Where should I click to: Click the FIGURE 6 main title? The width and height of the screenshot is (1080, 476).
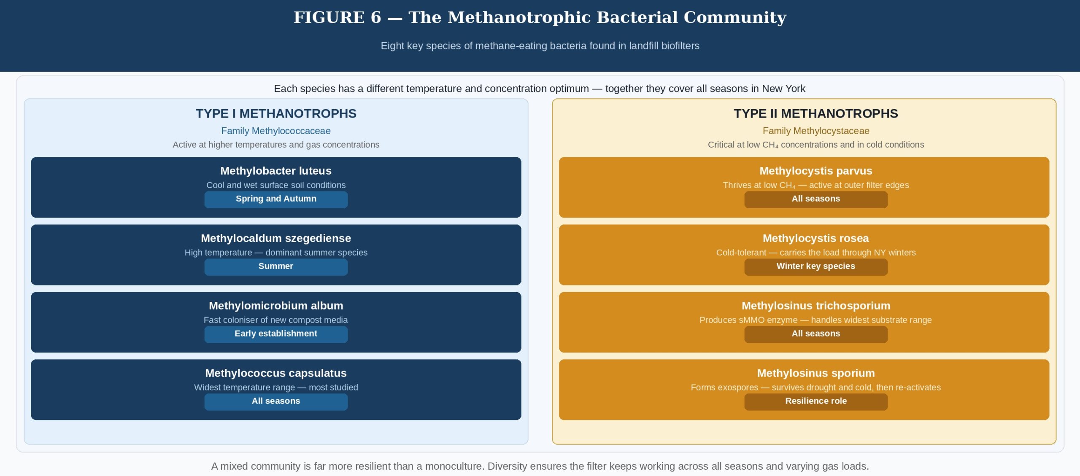[540, 17]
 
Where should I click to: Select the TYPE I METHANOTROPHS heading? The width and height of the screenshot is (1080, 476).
[276, 113]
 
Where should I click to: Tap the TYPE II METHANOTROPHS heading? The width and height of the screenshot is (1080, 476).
[815, 113]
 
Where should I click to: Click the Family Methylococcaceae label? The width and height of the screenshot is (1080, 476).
[276, 131]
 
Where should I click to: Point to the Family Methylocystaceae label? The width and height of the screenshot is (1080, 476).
[815, 131]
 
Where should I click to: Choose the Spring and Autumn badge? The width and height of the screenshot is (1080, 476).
[276, 199]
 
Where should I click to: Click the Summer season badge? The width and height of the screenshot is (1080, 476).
[276, 266]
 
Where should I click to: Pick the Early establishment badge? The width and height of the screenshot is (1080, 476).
[276, 334]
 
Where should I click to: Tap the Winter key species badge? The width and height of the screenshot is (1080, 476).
[815, 266]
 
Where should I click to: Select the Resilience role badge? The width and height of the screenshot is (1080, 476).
[815, 401]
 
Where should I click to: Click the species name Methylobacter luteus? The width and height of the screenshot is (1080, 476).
[276, 171]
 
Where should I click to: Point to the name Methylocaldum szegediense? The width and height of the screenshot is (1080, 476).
[276, 238]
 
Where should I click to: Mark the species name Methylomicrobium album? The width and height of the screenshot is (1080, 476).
[276, 306]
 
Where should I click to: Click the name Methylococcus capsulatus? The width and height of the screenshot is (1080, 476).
[276, 373]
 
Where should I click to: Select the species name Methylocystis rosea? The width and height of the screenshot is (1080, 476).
[815, 238]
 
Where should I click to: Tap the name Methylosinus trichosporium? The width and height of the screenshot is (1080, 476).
[815, 306]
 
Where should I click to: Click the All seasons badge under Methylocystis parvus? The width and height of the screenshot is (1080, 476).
[815, 199]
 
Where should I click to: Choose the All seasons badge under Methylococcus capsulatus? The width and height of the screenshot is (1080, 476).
[276, 401]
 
